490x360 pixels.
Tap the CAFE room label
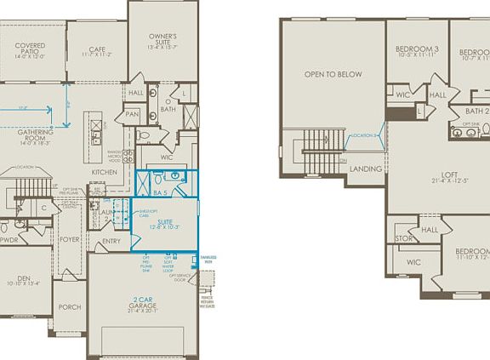tap(97, 49)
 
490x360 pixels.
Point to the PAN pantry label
tap(132, 114)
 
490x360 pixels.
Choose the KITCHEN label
tap(105, 173)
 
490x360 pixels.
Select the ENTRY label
tap(111, 241)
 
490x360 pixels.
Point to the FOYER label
tap(70, 240)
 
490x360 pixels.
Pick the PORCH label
tap(70, 307)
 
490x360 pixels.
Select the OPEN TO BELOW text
tap(333, 75)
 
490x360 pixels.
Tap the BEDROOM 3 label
tap(417, 50)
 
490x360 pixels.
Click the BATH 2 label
tap(476, 111)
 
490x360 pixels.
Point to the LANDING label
tap(365, 169)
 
